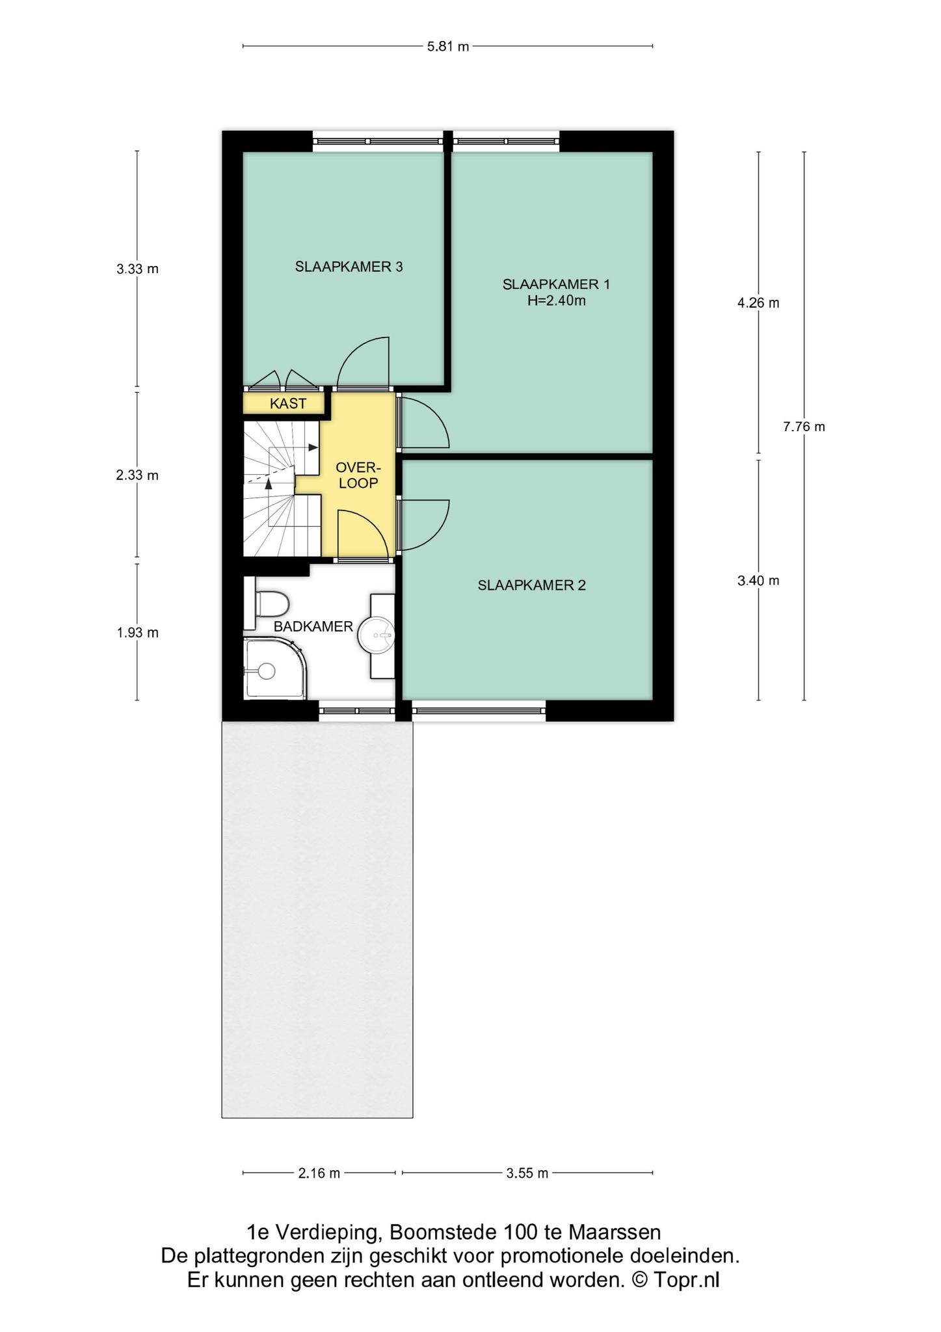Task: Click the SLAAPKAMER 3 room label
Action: click(349, 267)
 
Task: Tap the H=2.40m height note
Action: click(556, 300)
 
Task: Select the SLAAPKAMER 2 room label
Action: click(531, 585)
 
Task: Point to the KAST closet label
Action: click(287, 404)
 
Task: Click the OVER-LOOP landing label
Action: click(358, 475)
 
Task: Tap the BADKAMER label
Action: click(313, 627)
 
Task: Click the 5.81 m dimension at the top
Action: click(448, 47)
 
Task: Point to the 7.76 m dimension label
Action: click(804, 427)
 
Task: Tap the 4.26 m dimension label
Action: click(758, 302)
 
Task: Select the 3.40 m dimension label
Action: click(758, 581)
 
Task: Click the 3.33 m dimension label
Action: click(137, 269)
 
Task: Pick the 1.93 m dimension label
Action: click(137, 632)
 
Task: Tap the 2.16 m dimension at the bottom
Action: click(319, 1173)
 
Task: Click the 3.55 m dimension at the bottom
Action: click(527, 1173)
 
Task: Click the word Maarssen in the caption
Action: click(615, 1232)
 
